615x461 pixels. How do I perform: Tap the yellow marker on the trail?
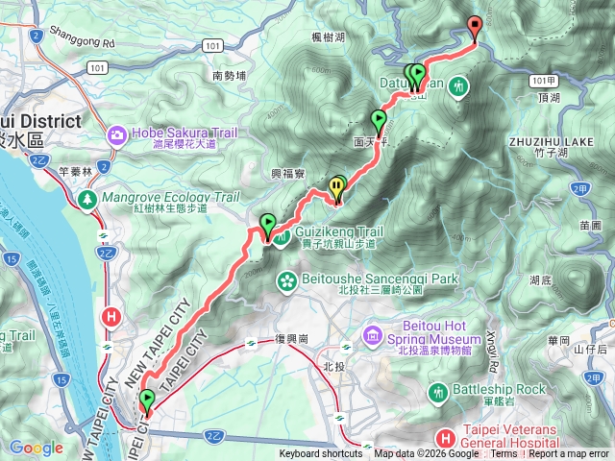[337, 187]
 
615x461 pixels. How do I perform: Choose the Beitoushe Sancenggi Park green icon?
[286, 280]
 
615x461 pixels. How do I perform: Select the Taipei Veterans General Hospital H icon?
[446, 438]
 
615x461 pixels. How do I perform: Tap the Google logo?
[36, 448]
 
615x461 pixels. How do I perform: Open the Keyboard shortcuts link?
[321, 454]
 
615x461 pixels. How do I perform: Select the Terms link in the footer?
[504, 454]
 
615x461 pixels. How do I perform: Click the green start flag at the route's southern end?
[147, 400]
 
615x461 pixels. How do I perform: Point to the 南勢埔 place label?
[230, 75]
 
